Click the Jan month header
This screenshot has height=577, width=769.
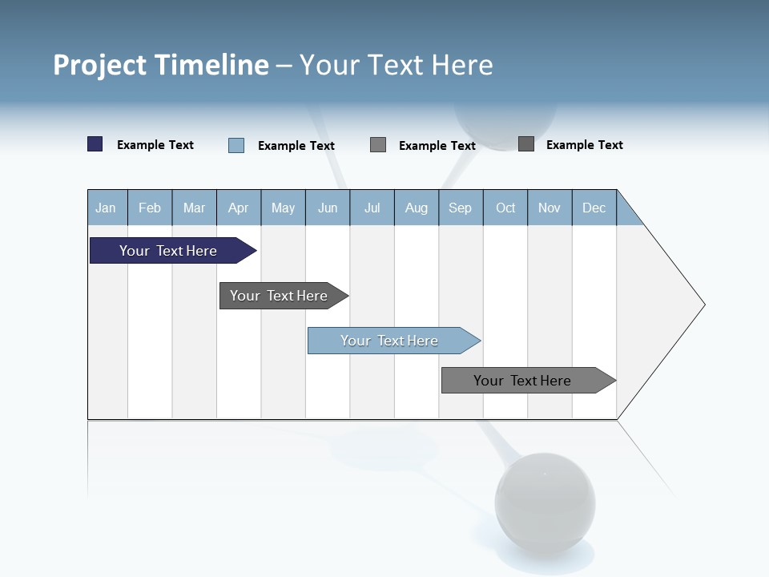tap(107, 208)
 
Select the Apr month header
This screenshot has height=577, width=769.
tap(239, 208)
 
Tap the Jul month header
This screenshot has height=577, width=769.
tap(372, 208)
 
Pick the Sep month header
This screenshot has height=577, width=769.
tap(461, 208)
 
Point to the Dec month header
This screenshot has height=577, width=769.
tap(594, 208)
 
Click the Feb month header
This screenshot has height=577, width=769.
tap(150, 208)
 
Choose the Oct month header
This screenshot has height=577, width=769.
tap(505, 208)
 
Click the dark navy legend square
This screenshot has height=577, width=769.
tap(95, 144)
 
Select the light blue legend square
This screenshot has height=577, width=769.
tap(236, 145)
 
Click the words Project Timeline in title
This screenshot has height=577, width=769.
tap(161, 65)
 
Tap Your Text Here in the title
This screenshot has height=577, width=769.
tap(396, 65)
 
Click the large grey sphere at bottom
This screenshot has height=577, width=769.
tap(545, 502)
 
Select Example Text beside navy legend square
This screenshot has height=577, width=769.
tap(155, 145)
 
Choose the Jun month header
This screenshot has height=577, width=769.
tap(328, 208)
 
